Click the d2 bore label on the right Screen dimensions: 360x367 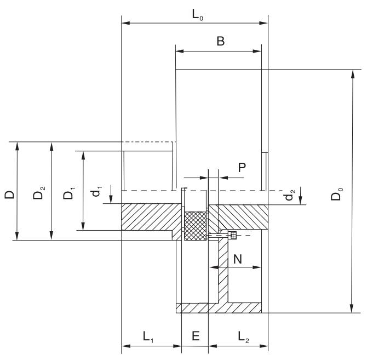tap(292, 196)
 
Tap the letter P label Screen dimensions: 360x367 tap(241, 168)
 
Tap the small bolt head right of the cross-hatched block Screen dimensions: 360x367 tap(232, 235)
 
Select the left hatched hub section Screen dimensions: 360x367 tap(151, 216)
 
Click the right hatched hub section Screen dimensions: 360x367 tap(241, 216)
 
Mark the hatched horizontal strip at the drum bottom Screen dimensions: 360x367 tap(219, 308)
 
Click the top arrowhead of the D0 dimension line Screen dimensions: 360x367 tap(351, 73)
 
